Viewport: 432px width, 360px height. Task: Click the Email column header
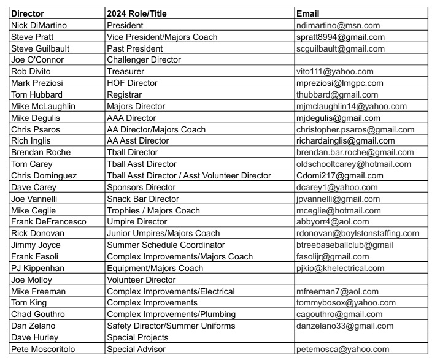point(307,14)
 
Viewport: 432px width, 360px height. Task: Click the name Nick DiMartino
point(39,26)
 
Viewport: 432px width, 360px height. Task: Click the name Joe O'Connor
point(36,60)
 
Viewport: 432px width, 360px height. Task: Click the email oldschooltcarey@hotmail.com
point(353,164)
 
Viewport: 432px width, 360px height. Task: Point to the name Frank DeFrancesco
point(48,221)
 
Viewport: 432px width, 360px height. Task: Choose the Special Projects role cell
point(137,337)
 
